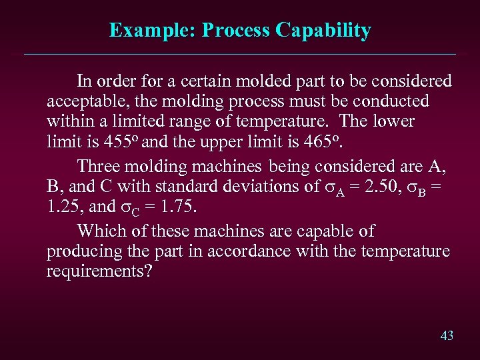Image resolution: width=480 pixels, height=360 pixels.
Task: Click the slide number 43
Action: point(447,335)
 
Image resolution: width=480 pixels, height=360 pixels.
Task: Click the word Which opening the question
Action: point(97,231)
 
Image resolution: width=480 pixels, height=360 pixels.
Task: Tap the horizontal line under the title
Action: point(240,54)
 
